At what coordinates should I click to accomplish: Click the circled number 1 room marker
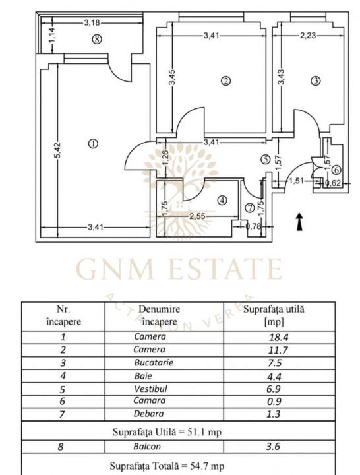(93, 144)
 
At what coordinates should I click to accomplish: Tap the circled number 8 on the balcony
(97, 39)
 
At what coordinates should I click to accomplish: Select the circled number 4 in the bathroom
(222, 201)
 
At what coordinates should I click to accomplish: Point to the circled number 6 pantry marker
(337, 170)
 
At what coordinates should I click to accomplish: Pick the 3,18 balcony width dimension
(92, 22)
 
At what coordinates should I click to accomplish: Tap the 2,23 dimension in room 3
(308, 36)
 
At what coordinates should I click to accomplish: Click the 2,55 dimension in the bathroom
(197, 216)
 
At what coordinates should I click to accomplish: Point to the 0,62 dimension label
(333, 183)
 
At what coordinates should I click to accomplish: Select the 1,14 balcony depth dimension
(51, 36)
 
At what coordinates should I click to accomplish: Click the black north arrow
(299, 222)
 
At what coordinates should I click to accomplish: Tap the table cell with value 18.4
(278, 337)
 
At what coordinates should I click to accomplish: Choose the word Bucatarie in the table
(154, 363)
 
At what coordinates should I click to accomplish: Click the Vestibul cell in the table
(150, 389)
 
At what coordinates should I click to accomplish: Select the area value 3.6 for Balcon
(273, 447)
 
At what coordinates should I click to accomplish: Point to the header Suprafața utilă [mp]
(274, 315)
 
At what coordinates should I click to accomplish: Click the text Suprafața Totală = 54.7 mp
(167, 466)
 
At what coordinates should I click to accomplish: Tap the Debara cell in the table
(148, 414)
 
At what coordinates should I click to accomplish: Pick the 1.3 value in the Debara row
(274, 414)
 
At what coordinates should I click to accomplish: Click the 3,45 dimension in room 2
(171, 78)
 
